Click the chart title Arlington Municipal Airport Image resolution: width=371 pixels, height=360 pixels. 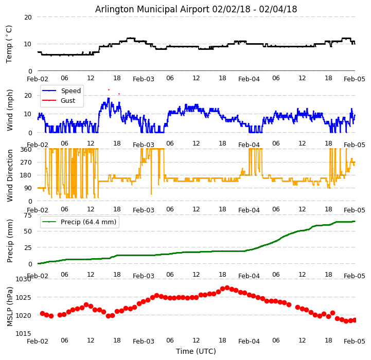pos(196,9)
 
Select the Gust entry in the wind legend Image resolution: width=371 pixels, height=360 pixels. pos(69,100)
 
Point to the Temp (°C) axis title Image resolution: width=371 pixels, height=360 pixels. pos(9,44)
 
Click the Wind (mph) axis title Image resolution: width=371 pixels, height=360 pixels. pos(10,110)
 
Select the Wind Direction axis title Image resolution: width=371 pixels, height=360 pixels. pos(10,175)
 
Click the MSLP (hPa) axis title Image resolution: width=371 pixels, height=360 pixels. pos(10,307)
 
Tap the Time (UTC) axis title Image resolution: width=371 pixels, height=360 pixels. pos(196,352)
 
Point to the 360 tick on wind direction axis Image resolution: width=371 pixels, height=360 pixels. pos(27,149)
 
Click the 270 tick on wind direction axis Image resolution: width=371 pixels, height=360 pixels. pos(27,162)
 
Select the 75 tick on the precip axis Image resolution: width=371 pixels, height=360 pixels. pos(29,215)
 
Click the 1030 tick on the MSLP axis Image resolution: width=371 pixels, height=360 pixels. pos(23,279)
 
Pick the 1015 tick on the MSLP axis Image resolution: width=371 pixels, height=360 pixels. pos(23,333)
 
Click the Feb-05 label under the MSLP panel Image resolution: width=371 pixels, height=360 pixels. pos(355,341)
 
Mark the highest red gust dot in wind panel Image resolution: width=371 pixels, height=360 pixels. pos(109,89)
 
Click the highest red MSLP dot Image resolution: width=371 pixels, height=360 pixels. pos(227,287)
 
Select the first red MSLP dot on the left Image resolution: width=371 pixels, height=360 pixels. pos(42,313)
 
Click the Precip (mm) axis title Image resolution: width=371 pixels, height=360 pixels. pos(10,241)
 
